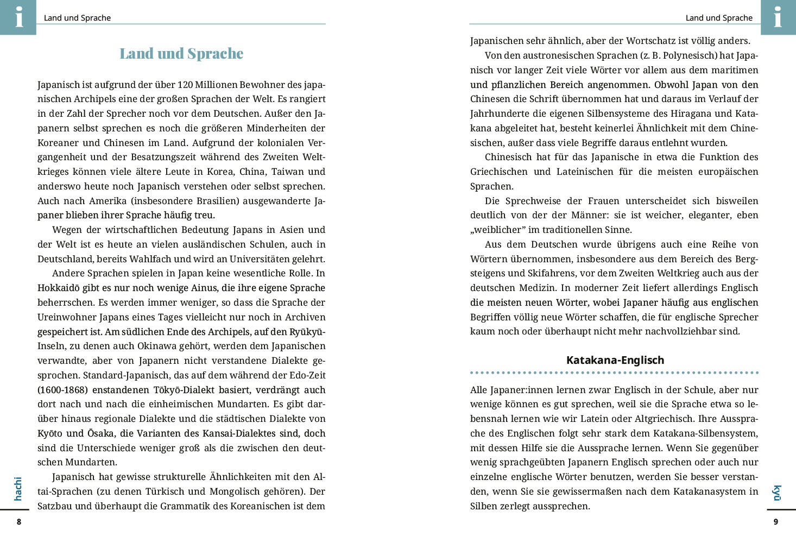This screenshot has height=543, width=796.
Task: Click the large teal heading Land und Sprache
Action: tap(181, 54)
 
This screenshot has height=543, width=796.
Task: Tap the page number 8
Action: tap(19, 522)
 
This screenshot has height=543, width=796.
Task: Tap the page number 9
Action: tap(776, 522)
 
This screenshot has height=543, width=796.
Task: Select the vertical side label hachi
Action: tap(18, 489)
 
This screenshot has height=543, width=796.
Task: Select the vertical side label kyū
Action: tap(777, 493)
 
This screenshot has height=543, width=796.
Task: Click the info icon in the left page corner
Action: tap(18, 17)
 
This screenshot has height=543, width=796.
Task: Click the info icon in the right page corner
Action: tap(778, 17)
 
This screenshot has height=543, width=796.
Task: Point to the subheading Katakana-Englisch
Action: tap(615, 360)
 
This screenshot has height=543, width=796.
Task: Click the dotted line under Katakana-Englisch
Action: tap(614, 373)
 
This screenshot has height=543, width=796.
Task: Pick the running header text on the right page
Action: tap(718, 18)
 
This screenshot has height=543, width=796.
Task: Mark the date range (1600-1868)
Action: tap(62, 390)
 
